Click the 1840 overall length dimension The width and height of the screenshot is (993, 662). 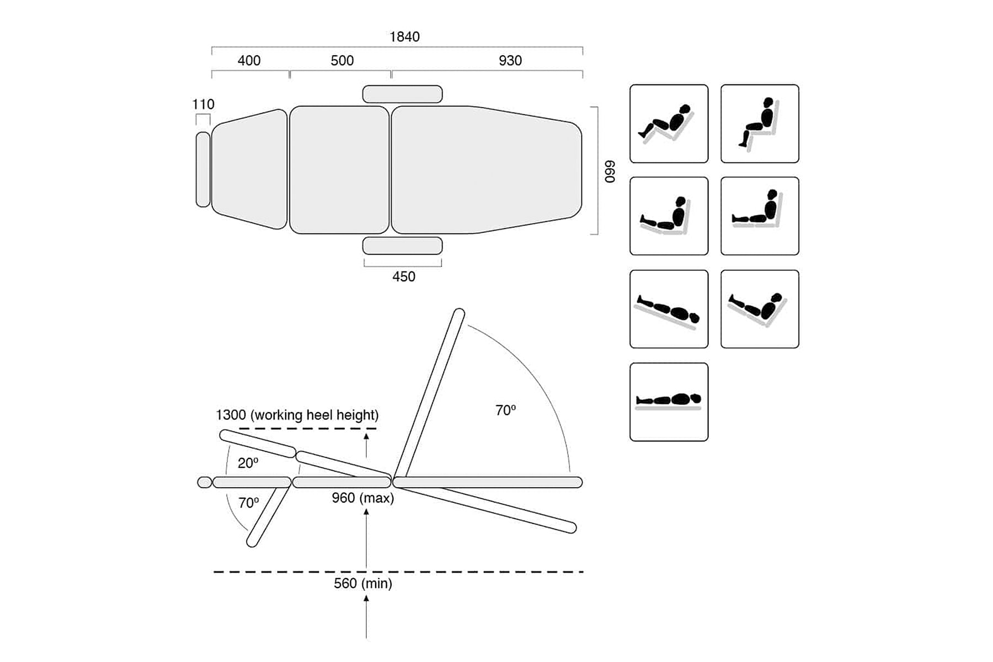[404, 37]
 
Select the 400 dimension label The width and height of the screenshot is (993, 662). [249, 61]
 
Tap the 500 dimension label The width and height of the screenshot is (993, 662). [342, 61]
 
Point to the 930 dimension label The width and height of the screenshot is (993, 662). [510, 61]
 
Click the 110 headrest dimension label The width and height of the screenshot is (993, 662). [203, 104]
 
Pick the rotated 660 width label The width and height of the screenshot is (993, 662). [609, 172]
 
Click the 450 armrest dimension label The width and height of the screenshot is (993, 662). [403, 276]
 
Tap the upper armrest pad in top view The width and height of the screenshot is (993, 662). [402, 94]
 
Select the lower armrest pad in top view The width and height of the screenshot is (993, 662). [402, 245]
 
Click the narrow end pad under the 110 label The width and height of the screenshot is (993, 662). [203, 169]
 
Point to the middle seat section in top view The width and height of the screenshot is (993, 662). [339, 169]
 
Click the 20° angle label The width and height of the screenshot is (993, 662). [248, 463]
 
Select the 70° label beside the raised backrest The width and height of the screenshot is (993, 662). [505, 410]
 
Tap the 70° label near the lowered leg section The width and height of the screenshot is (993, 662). [248, 503]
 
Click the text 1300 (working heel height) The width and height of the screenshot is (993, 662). [297, 415]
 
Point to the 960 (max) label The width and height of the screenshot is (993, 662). [362, 498]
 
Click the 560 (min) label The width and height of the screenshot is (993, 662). [362, 583]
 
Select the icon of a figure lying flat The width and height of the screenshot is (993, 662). [669, 402]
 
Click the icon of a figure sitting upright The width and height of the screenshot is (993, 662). [760, 124]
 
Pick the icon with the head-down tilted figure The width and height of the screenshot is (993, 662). [669, 309]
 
